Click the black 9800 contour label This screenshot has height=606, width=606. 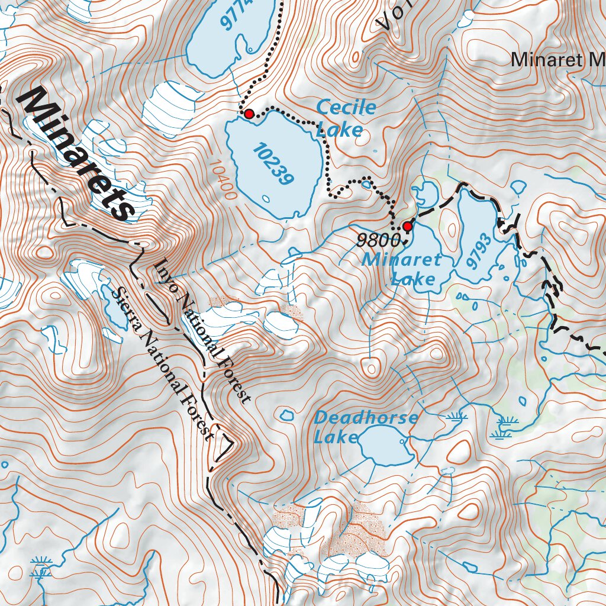(376, 240)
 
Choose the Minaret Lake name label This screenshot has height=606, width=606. (402, 268)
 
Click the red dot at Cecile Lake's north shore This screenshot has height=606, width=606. (249, 113)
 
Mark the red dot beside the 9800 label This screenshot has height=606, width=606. (407, 226)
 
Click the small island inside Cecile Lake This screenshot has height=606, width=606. (266, 198)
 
